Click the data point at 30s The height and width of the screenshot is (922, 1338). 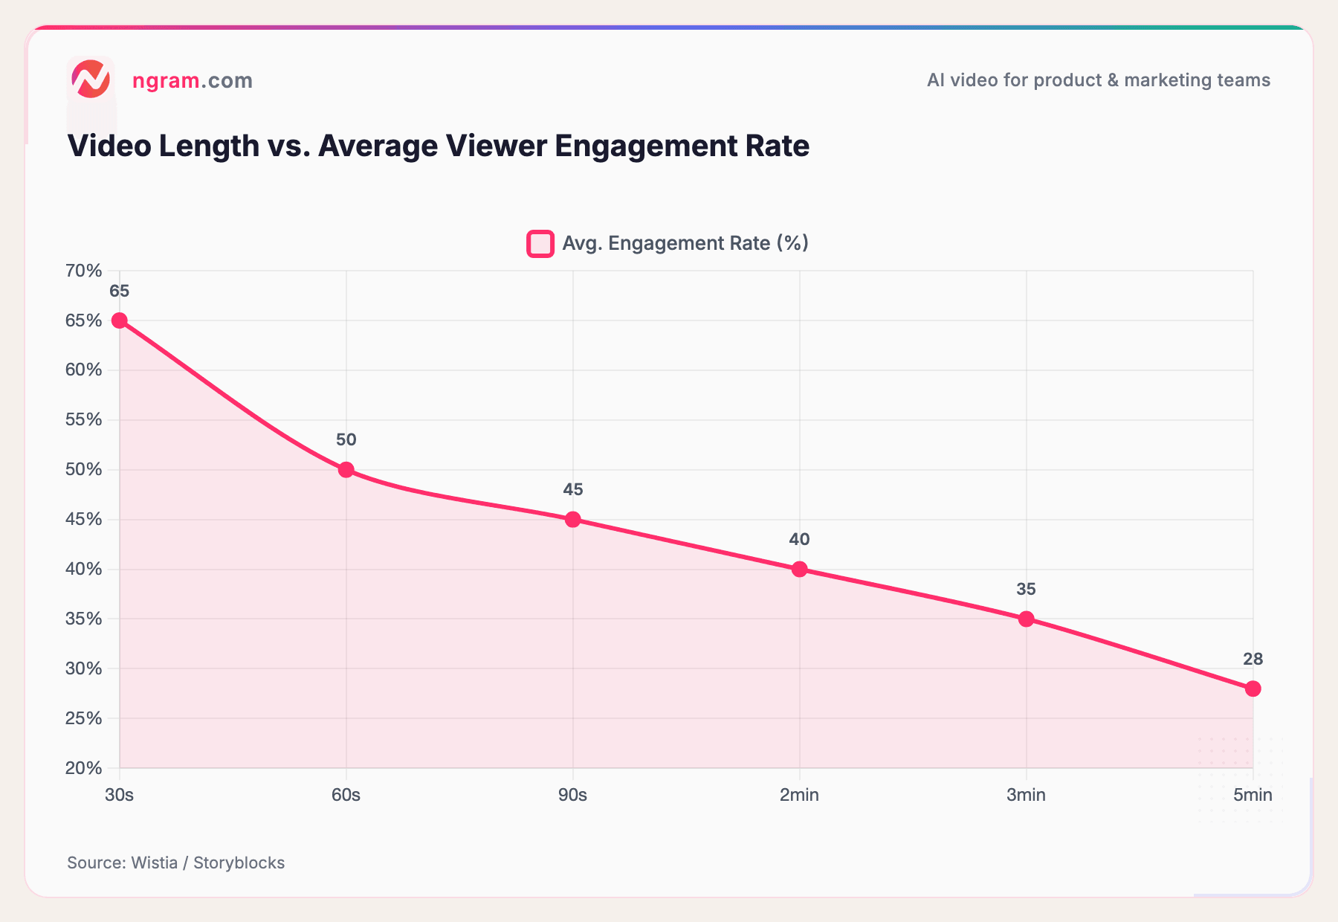pos(119,320)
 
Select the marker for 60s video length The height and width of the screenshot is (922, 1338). pos(346,470)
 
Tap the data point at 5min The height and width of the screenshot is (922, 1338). pos(1253,689)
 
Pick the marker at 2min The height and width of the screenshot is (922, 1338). pos(799,570)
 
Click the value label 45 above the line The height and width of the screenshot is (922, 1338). pos(572,489)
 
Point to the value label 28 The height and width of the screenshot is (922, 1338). pos(1253,659)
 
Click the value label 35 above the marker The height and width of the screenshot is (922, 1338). pos(1026,589)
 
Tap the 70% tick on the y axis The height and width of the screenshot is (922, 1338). pos(83,271)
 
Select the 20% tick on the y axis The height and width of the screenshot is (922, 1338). pos(83,767)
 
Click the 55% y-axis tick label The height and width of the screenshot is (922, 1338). pos(83,419)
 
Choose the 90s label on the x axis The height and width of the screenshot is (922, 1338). pos(572,795)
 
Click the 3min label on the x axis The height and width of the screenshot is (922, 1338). pos(1026,795)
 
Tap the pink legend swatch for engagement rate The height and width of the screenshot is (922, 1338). pos(540,244)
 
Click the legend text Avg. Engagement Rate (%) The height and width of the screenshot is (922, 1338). pos(685,243)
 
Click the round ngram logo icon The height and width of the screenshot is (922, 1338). pos(91,80)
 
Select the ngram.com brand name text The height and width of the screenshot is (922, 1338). pos(192,80)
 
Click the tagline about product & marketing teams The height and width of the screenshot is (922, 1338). pos(1098,80)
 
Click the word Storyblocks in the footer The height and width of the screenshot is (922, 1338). pos(239,863)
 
